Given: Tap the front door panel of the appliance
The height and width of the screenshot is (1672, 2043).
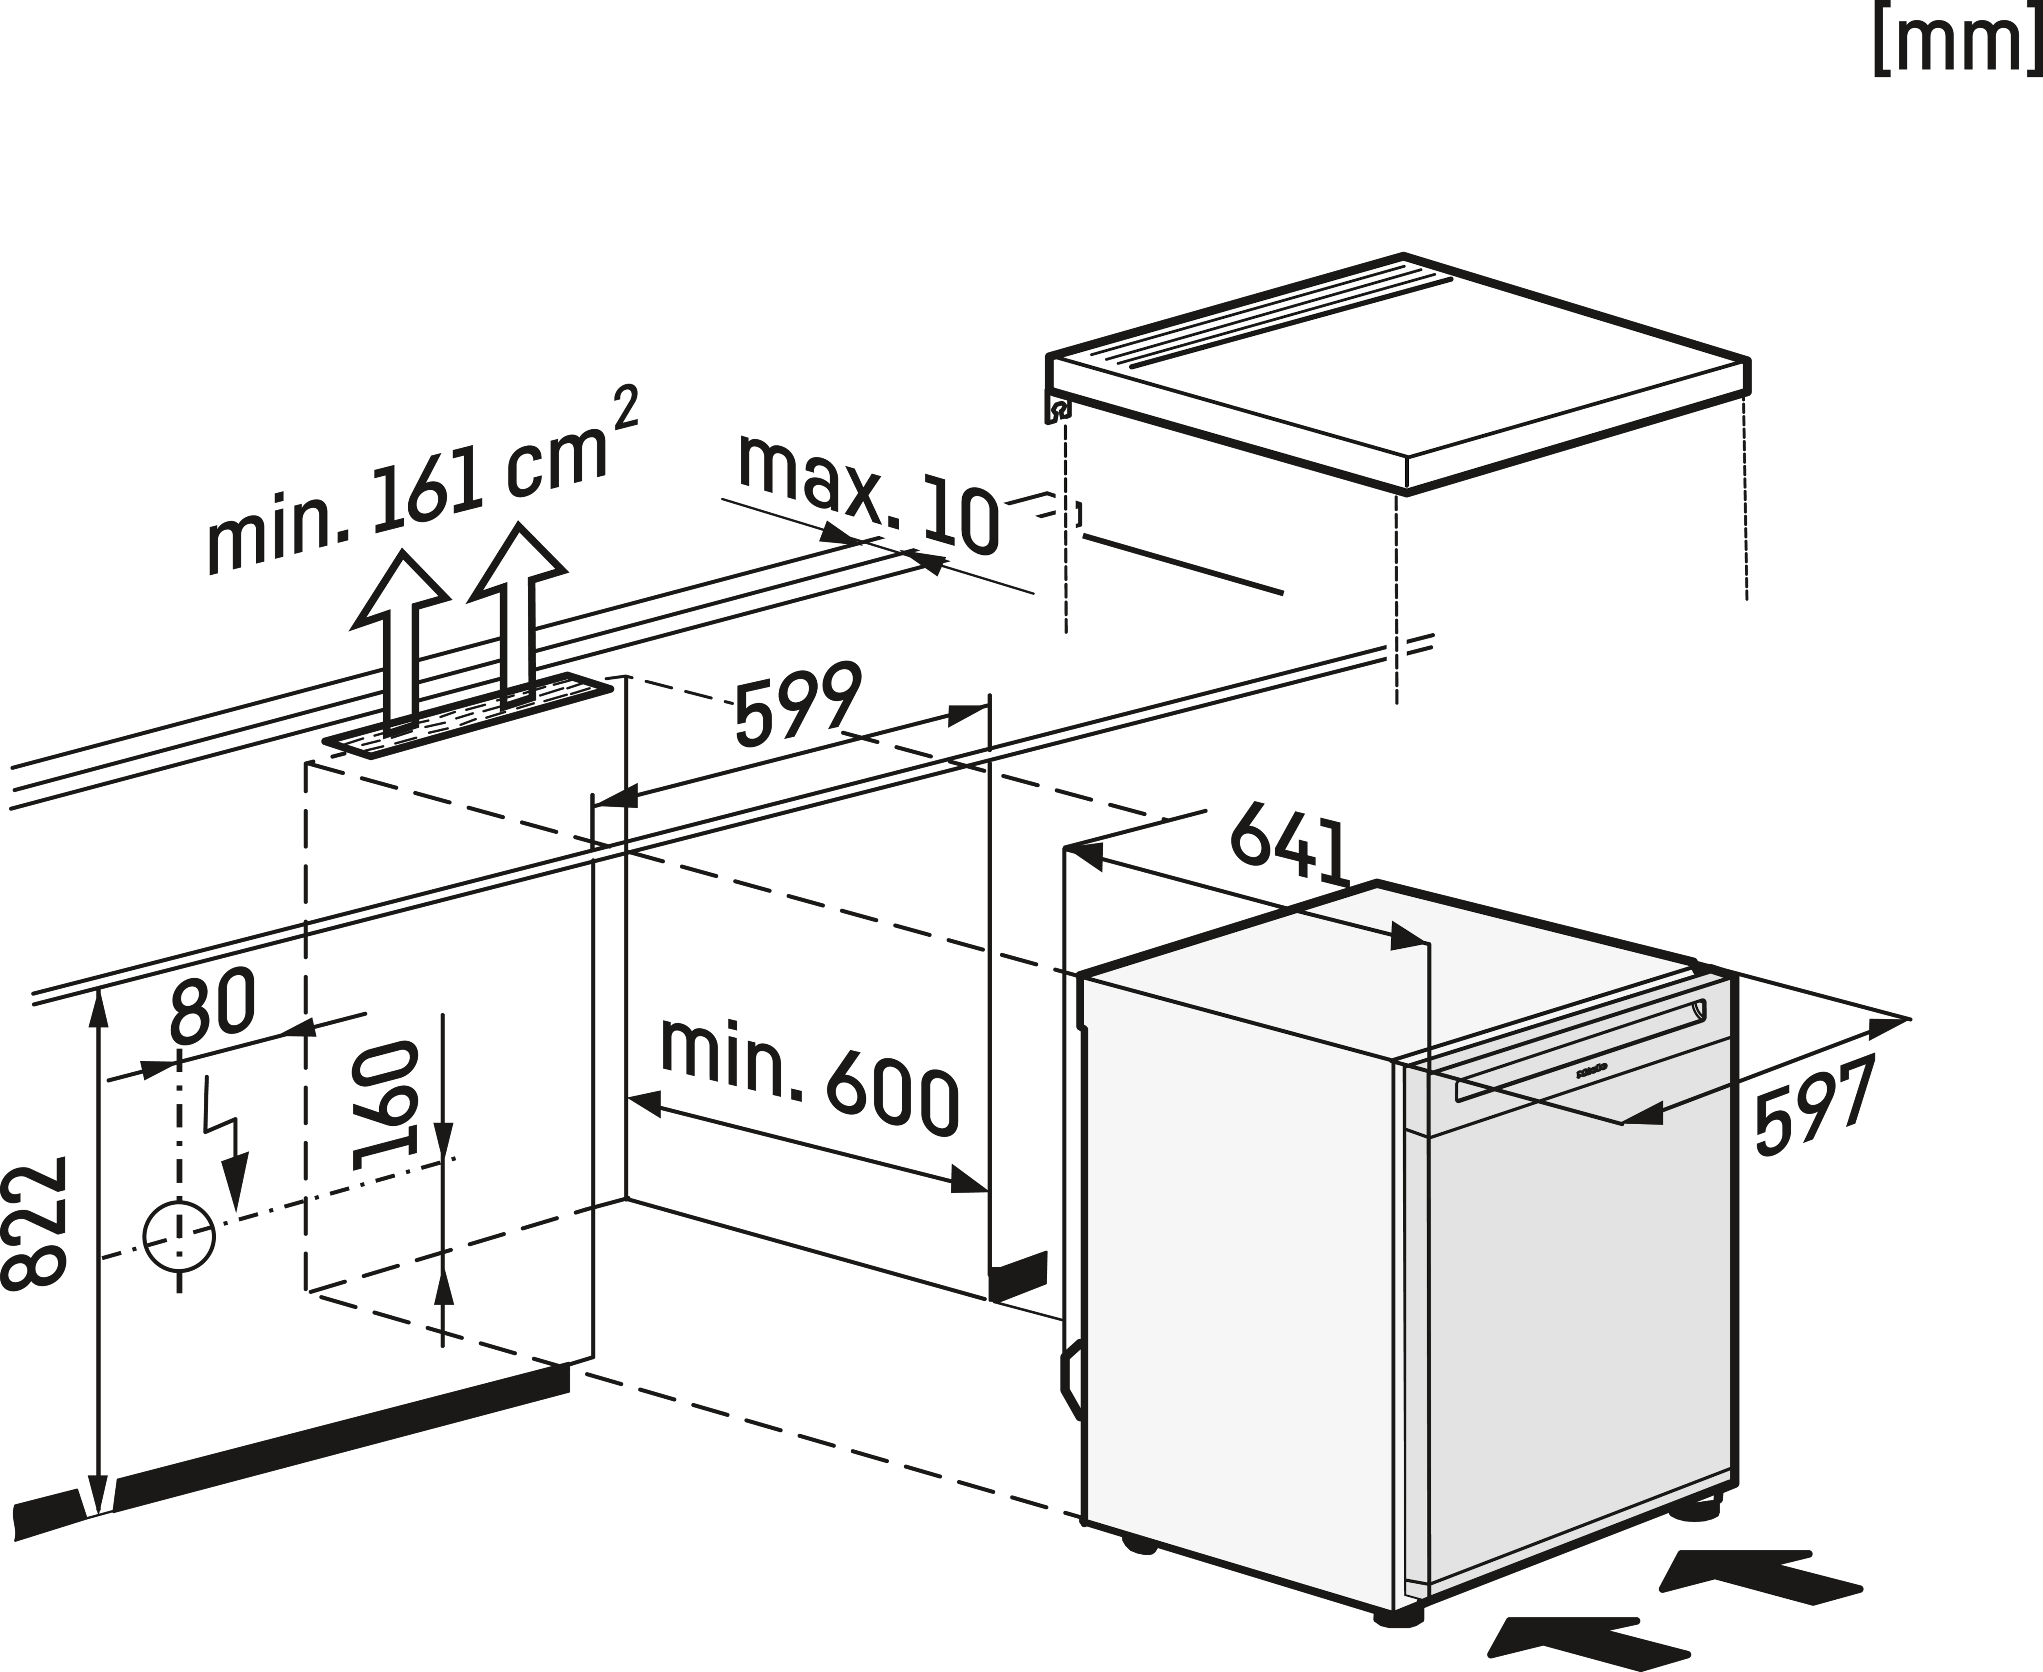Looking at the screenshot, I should [1580, 1348].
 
